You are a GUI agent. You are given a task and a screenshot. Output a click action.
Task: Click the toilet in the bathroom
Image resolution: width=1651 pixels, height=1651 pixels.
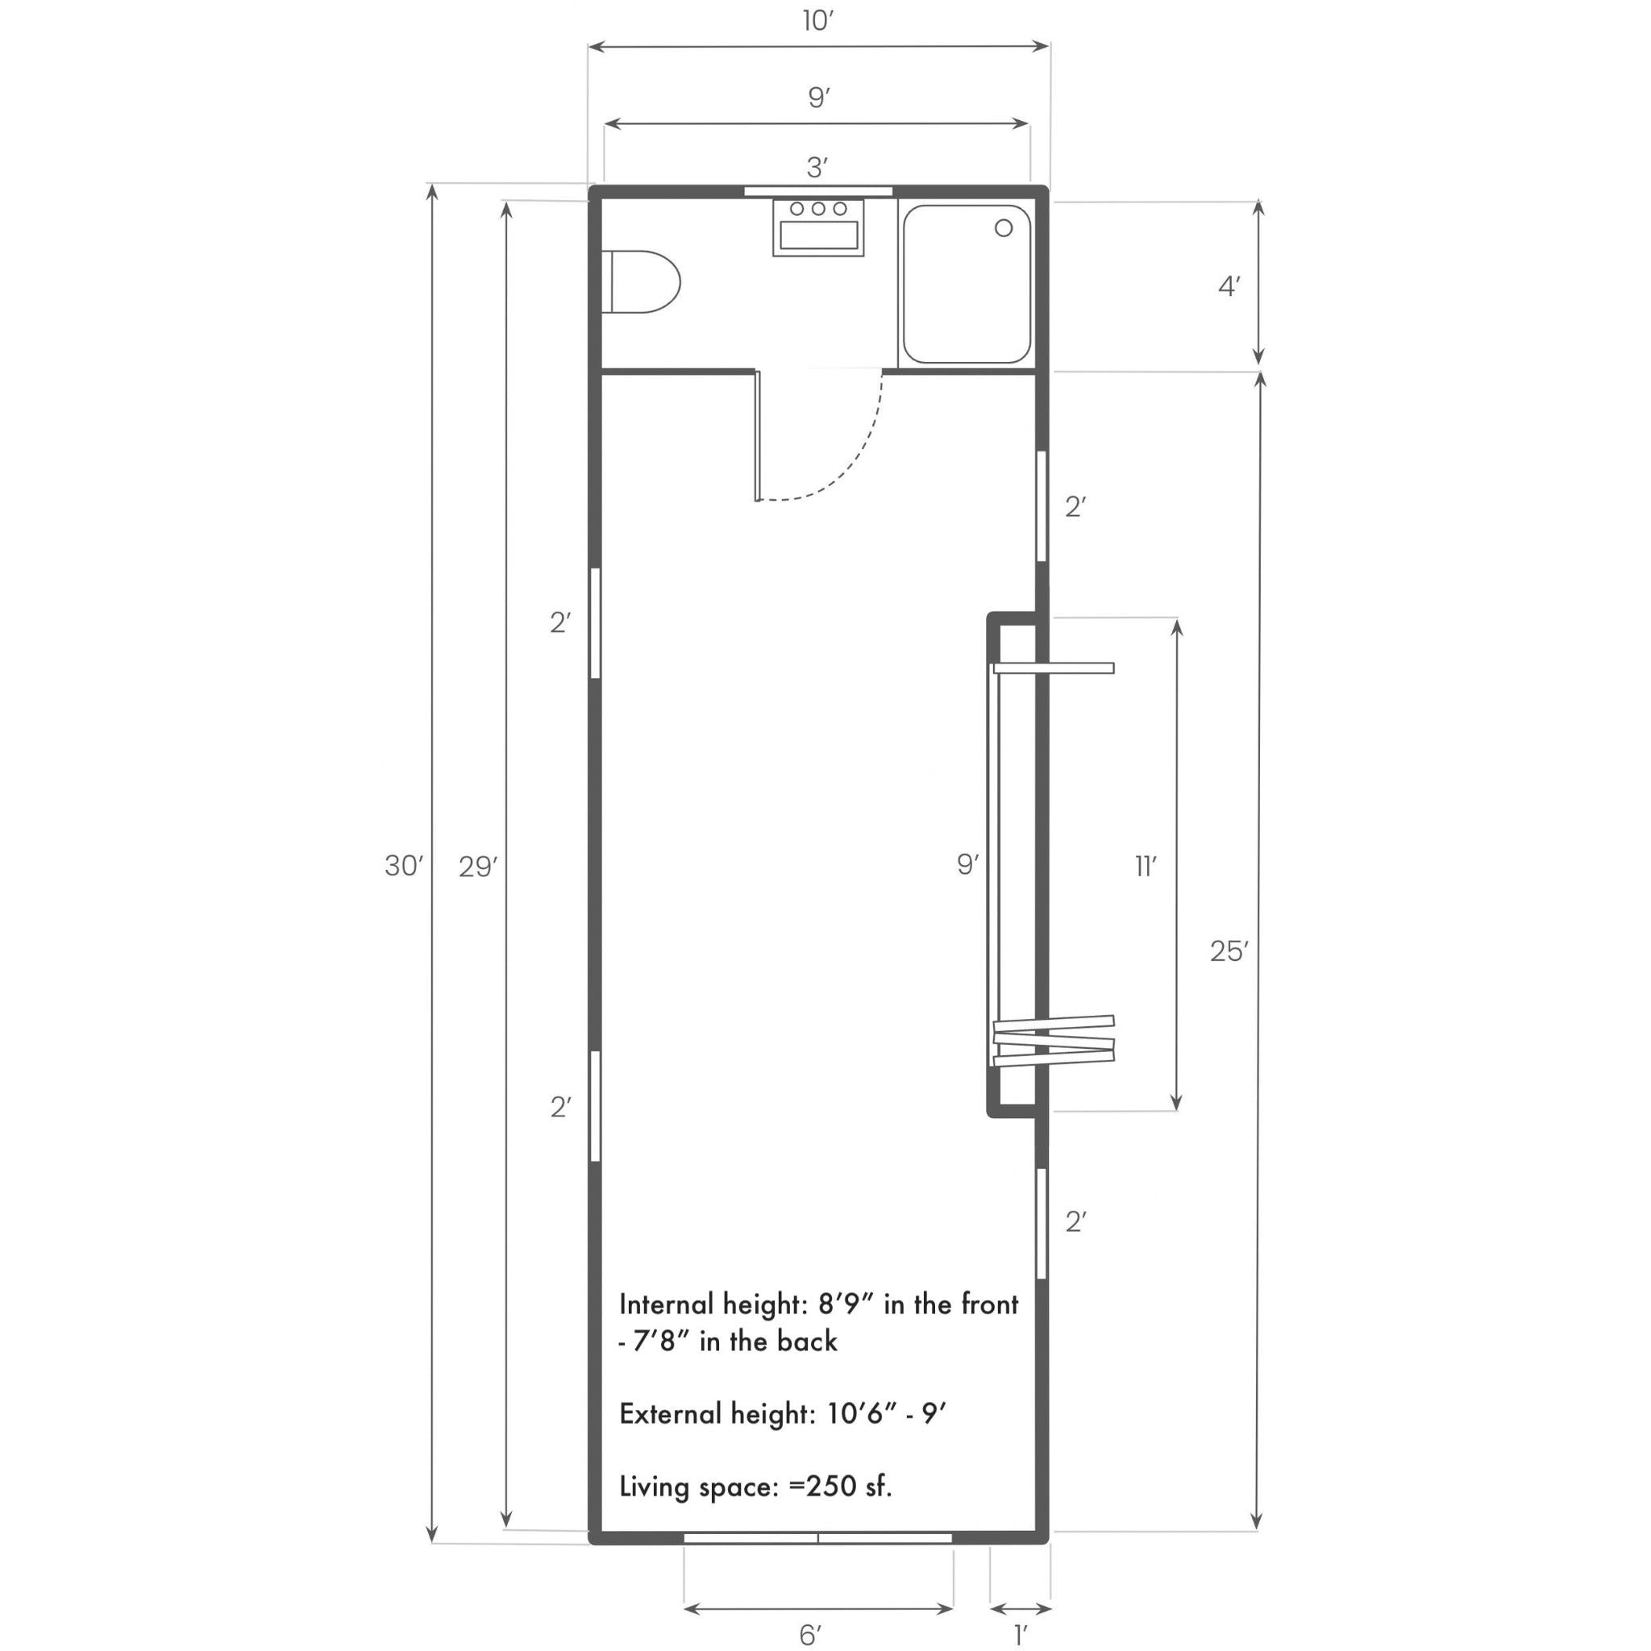coord(643,281)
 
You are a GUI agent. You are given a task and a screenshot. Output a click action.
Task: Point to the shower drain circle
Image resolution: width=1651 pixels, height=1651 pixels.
coord(1003,228)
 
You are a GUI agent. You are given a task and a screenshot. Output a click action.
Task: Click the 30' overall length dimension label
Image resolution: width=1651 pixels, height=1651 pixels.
coord(403,867)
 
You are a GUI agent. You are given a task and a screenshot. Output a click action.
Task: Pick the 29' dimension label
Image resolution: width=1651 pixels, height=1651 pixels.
coord(478,867)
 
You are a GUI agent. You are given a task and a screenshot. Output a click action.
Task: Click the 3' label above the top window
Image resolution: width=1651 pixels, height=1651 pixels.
coord(817,168)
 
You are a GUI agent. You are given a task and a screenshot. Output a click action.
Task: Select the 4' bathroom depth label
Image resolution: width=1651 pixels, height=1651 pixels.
coord(1229,287)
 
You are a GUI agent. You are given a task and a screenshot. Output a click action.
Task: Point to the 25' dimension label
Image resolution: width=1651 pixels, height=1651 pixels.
coord(1229,951)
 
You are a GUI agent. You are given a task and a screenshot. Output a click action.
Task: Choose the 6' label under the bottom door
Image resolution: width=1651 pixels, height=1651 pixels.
coord(810,1635)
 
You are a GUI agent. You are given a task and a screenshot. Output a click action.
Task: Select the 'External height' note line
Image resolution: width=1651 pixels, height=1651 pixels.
coord(783,1414)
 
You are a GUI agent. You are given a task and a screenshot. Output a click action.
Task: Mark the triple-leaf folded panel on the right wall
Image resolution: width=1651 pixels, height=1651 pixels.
coord(1054,1040)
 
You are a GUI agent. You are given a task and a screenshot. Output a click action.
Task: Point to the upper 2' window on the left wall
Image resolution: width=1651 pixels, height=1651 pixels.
coord(595,623)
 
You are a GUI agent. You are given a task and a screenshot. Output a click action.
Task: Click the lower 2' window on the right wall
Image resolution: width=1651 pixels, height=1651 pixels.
coord(1042,1223)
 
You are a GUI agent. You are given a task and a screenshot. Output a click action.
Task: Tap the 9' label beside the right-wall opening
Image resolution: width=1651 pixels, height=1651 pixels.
coord(967,865)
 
